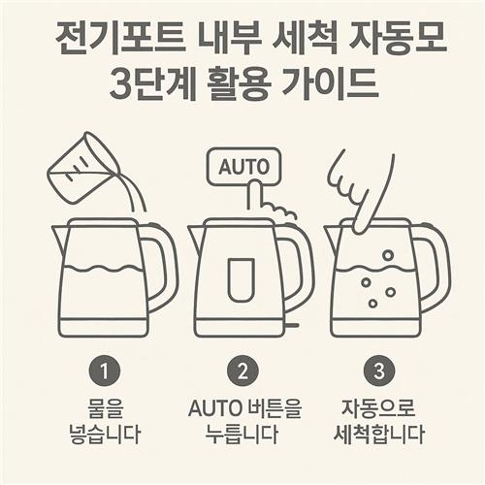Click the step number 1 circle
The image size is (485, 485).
pyautogui.click(x=104, y=372)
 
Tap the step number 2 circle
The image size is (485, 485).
pyautogui.click(x=242, y=372)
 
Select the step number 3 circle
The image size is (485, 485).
pyautogui.click(x=379, y=372)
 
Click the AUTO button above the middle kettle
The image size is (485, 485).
pyautogui.click(x=244, y=167)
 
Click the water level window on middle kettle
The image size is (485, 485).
pyautogui.click(x=242, y=279)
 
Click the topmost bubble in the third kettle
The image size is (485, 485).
pyautogui.click(x=388, y=255)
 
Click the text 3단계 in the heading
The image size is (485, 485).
pyautogui.click(x=152, y=83)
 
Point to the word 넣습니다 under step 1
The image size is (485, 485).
pyautogui.click(x=105, y=434)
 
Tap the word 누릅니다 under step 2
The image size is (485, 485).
pyautogui.click(x=242, y=434)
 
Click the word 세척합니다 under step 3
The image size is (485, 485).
pyautogui.click(x=379, y=434)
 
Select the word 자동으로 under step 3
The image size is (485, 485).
pyautogui.click(x=378, y=408)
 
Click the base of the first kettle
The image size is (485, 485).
pyautogui.click(x=104, y=327)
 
